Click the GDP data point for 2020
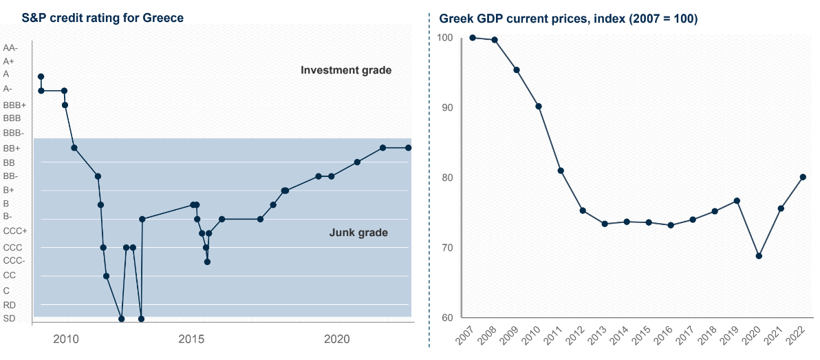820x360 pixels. click(759, 255)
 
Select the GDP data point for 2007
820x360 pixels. click(473, 37)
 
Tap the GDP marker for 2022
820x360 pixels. click(803, 177)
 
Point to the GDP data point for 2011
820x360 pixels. click(561, 171)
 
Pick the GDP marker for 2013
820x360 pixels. click(605, 224)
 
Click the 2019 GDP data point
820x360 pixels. click(737, 201)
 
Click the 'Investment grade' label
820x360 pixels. click(346, 70)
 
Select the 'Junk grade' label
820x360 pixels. click(358, 233)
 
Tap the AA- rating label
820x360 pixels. click(11, 48)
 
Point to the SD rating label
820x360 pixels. click(9, 318)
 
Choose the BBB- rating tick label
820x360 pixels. click(14, 133)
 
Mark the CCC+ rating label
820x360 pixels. click(15, 231)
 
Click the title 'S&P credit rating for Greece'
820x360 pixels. click(95, 18)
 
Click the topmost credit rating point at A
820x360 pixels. click(41, 76)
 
